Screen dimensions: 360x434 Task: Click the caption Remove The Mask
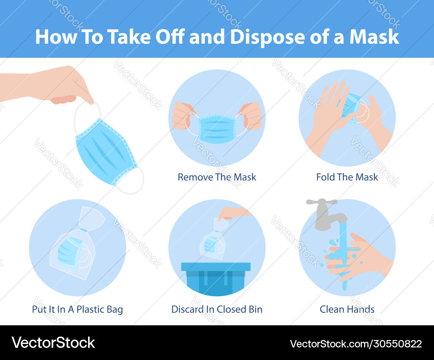(x=217, y=177)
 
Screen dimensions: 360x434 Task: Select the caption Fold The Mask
(x=347, y=177)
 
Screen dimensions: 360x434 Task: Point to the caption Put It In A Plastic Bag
(x=77, y=309)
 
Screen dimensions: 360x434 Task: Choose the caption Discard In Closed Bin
(x=217, y=309)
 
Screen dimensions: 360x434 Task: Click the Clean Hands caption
(x=347, y=309)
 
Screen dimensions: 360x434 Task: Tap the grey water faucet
(x=323, y=213)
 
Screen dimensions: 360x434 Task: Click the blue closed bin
(x=216, y=282)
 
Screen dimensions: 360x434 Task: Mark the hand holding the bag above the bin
(x=234, y=213)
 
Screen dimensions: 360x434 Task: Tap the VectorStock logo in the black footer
(x=53, y=343)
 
